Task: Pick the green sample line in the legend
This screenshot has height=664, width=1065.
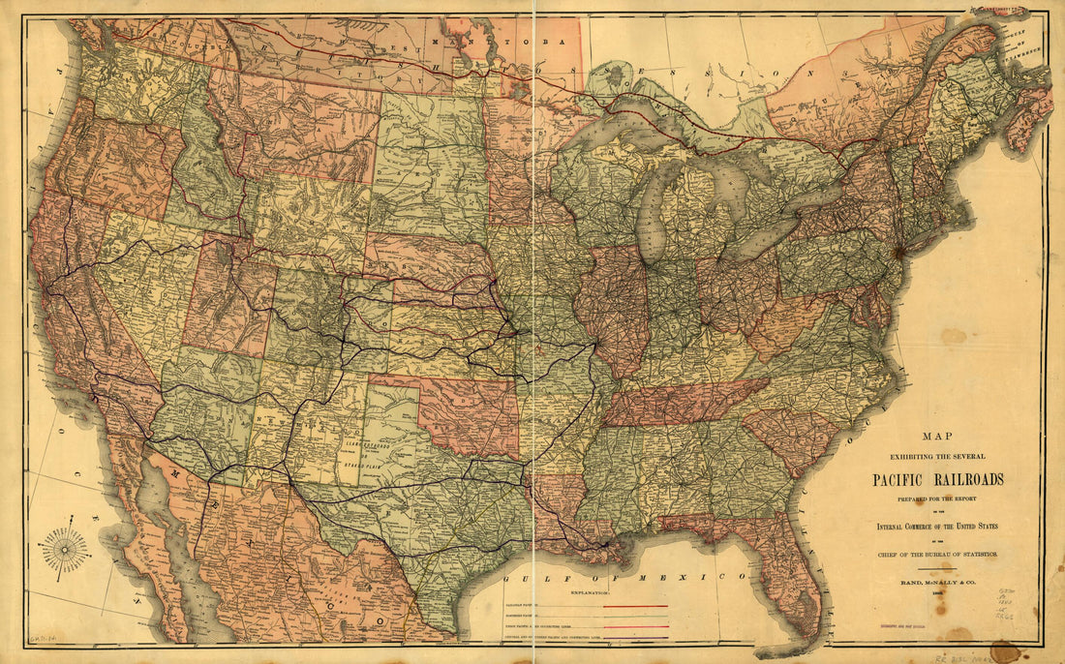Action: (634, 616)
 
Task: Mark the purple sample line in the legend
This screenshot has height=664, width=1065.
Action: (634, 638)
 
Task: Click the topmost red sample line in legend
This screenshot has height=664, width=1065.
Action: (634, 605)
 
